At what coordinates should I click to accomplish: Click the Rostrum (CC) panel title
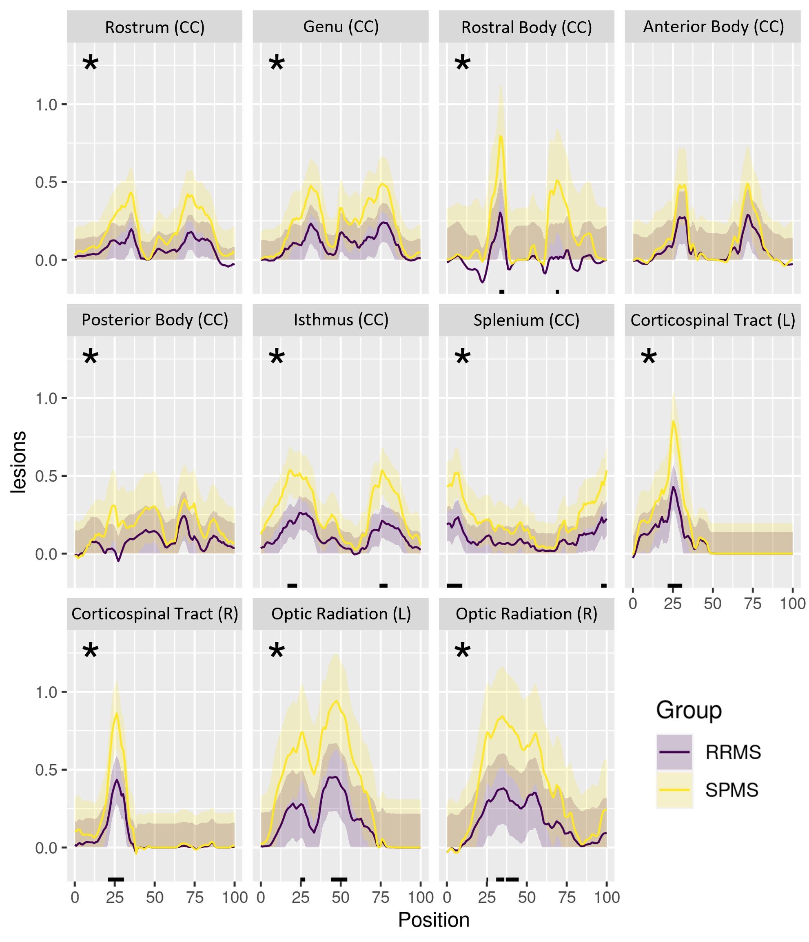tap(155, 27)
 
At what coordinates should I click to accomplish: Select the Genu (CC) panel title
tap(341, 27)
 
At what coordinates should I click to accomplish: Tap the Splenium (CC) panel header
tap(526, 320)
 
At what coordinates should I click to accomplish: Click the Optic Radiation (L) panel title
tap(341, 614)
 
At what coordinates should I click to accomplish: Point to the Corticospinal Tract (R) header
tap(155, 614)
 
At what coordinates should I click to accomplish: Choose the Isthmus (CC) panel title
tap(341, 320)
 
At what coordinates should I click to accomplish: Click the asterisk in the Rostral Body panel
tap(462, 64)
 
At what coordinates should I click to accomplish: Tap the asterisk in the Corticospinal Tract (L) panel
tap(649, 357)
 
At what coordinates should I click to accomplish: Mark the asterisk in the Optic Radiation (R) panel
tap(462, 651)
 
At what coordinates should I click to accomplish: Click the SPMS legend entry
tap(731, 790)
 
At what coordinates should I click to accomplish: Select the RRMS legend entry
tap(733, 752)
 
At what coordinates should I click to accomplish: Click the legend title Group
tap(689, 710)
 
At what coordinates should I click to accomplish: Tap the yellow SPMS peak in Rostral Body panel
tap(500, 136)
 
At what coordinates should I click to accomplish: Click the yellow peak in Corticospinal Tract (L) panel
tap(674, 421)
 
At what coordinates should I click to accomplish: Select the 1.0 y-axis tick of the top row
tap(47, 104)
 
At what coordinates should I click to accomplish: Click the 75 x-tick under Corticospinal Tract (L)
tap(753, 604)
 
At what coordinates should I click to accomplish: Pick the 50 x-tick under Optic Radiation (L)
tap(340, 898)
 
